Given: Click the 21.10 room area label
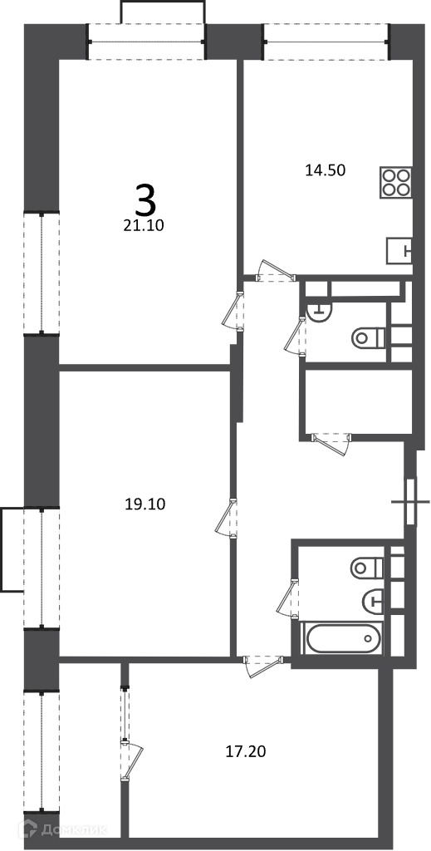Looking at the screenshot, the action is pyautogui.click(x=144, y=226).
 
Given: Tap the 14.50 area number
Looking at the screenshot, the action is pyautogui.click(x=326, y=170).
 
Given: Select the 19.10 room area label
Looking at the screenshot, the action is pyautogui.click(x=144, y=504).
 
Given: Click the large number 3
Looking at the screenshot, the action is pyautogui.click(x=145, y=199).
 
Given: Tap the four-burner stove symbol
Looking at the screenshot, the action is pyautogui.click(x=396, y=182).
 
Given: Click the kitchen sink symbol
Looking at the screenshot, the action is pyautogui.click(x=400, y=251).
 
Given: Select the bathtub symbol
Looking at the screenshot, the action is pyautogui.click(x=342, y=639).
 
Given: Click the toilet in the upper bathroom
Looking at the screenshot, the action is pyautogui.click(x=369, y=338).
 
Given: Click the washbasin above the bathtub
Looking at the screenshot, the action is pyautogui.click(x=373, y=600).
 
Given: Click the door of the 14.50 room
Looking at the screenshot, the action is pyautogui.click(x=276, y=273).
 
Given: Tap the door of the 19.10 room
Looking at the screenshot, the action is pyautogui.click(x=227, y=519).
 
